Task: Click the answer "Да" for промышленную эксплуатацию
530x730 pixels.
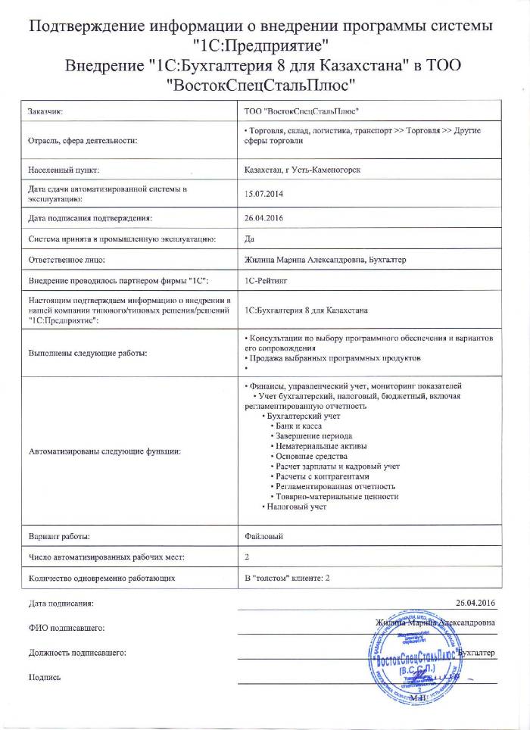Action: click(250, 239)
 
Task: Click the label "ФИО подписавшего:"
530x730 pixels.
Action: click(66, 628)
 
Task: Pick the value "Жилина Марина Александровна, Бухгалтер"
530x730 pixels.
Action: click(326, 260)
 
